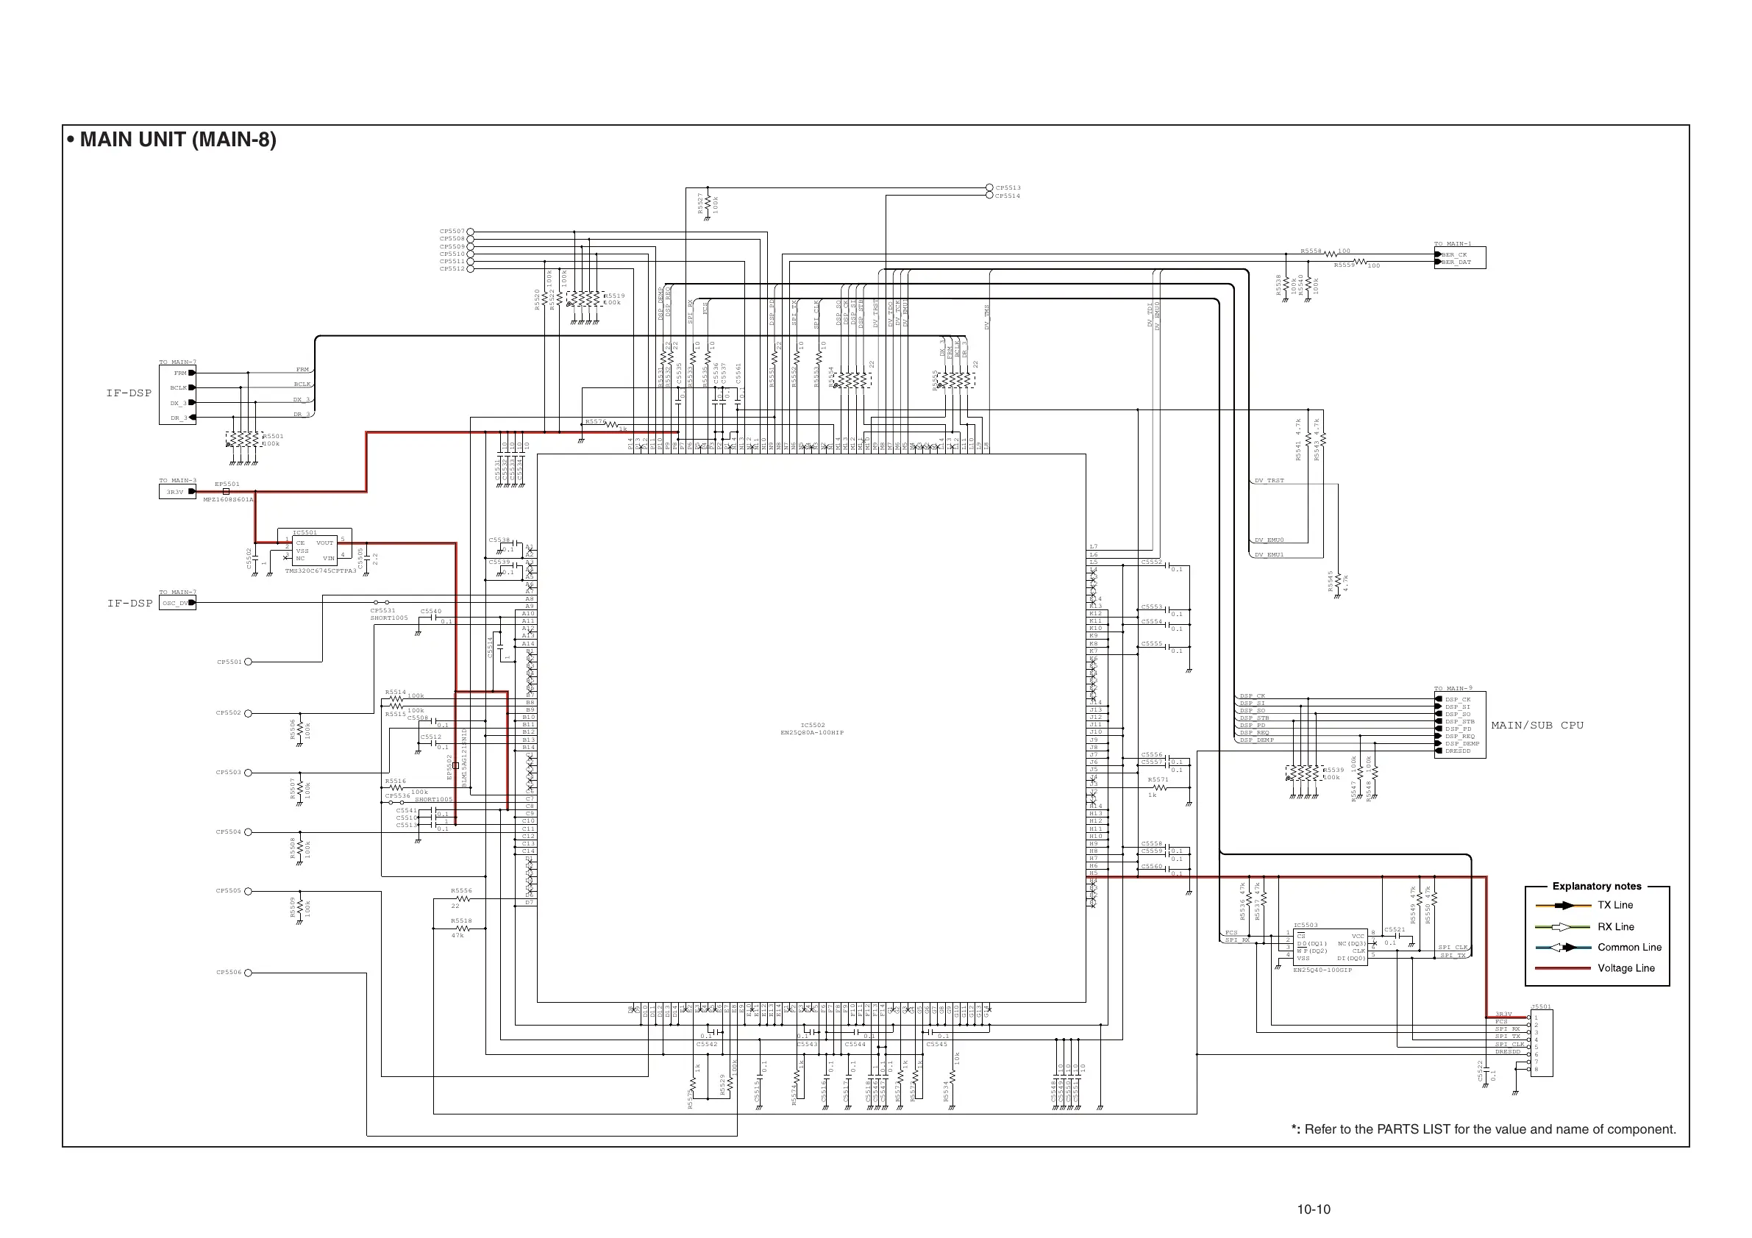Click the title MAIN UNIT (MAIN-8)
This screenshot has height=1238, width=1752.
click(x=178, y=140)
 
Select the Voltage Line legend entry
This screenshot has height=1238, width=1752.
click(x=1626, y=968)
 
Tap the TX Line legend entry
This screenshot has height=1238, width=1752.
click(x=1615, y=905)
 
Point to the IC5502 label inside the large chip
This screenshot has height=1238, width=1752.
click(x=812, y=726)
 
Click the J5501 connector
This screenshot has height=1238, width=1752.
click(x=1541, y=1042)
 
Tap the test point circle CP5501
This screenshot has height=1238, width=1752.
click(x=248, y=662)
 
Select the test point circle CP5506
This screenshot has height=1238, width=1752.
click(x=248, y=973)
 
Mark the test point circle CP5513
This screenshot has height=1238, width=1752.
click(x=990, y=187)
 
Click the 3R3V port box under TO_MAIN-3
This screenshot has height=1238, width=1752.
click(x=176, y=492)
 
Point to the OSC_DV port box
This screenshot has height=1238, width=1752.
click(x=177, y=604)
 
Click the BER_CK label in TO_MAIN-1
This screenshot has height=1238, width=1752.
click(x=1453, y=255)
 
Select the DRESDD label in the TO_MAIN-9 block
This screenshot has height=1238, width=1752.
click(x=1458, y=751)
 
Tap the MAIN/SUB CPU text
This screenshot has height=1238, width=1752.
click(x=1536, y=726)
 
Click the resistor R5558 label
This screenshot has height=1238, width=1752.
click(x=1310, y=250)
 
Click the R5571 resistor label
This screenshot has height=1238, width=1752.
click(x=1158, y=779)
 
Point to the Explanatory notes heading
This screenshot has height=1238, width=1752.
click(x=1596, y=887)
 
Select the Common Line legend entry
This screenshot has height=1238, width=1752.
click(x=1629, y=948)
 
